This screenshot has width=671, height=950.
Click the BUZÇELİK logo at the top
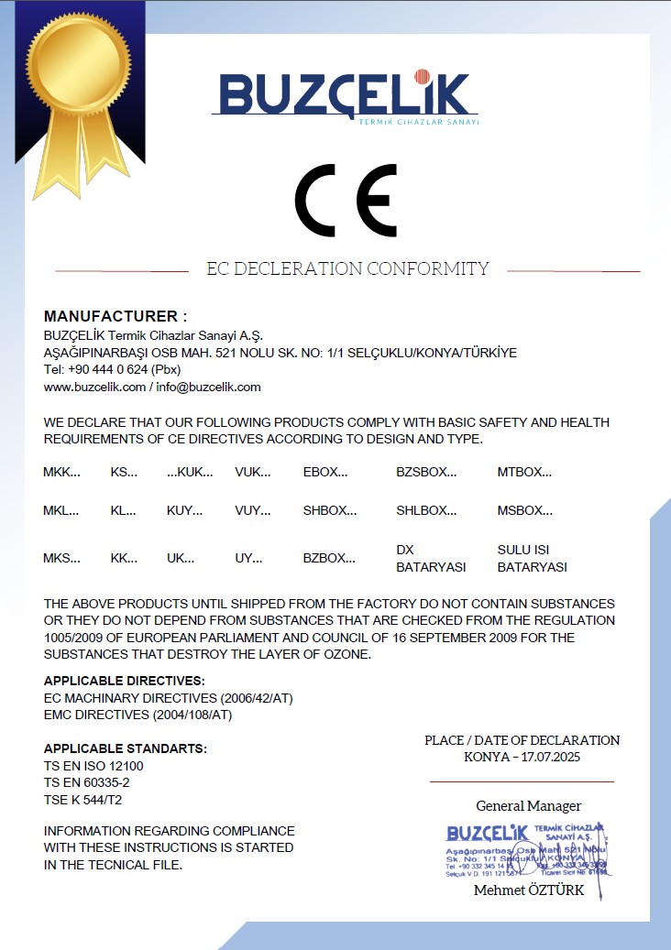346,94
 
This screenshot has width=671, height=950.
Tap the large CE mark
346,201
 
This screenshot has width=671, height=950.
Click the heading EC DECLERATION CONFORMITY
347,269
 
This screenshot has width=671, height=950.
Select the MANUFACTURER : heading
115,316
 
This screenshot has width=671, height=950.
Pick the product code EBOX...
325,473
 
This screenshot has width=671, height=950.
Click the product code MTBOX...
524,473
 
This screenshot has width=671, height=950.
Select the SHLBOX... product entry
426,511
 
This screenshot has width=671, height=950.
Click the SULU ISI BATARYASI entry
532,558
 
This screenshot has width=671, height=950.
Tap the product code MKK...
61,473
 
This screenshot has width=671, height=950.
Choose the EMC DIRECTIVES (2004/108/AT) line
137,715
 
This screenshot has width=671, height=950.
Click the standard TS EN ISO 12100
93,766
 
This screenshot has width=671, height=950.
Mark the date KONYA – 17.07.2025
522,757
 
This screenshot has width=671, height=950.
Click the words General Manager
528,806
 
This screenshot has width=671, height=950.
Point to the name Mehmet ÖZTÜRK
528,890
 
